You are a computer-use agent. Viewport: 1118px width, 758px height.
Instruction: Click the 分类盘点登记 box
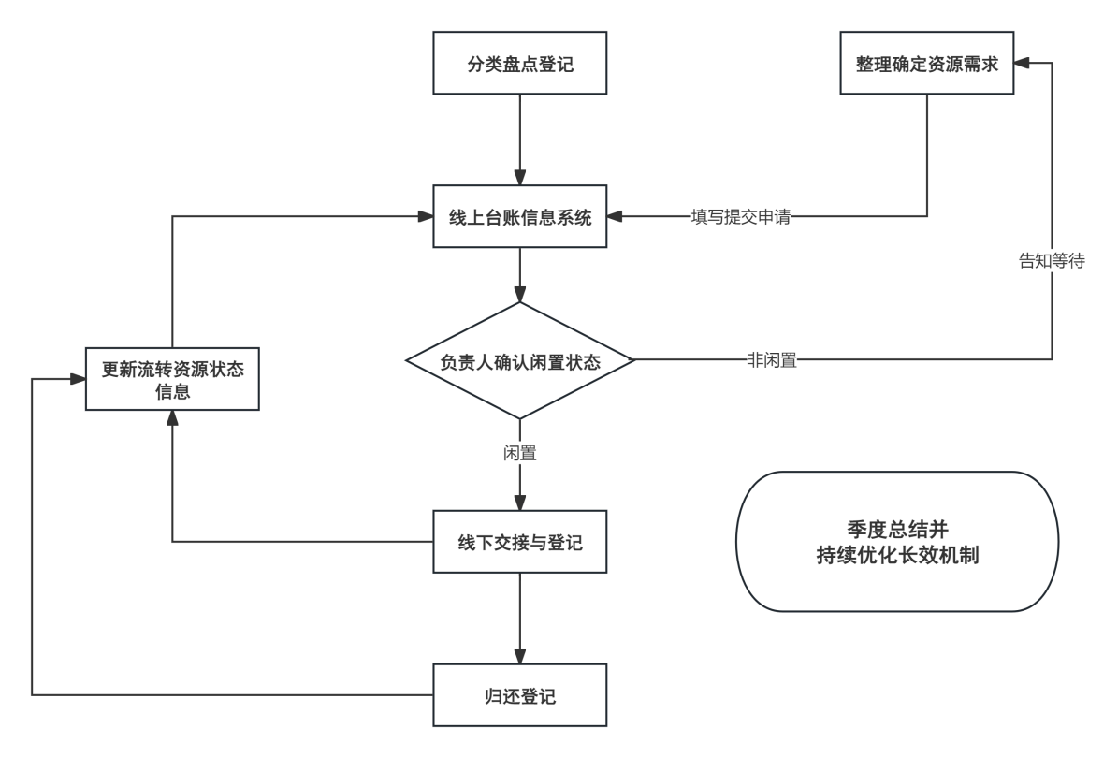[519, 64]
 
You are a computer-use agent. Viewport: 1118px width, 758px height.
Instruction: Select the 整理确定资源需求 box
[926, 64]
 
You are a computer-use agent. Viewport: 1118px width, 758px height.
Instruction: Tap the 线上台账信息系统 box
[519, 217]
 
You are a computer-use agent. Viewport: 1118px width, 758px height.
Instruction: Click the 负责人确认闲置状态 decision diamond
[519, 361]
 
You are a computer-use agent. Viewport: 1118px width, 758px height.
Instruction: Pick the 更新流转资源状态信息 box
[172, 379]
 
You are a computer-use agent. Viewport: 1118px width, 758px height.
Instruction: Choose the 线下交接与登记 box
[519, 542]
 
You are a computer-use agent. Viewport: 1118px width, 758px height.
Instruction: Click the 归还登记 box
[519, 695]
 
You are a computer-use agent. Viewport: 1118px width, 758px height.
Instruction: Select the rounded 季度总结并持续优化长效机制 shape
[897, 542]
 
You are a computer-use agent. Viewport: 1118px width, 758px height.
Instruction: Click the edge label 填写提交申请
[741, 217]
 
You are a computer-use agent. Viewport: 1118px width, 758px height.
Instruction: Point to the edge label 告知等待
[1052, 261]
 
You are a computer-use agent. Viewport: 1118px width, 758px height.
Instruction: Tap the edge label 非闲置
[772, 360]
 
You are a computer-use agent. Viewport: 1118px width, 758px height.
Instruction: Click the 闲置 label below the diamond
[519, 454]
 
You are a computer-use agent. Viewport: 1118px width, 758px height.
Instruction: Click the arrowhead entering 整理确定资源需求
[1023, 64]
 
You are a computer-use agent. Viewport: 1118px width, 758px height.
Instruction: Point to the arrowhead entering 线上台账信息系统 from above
[519, 178]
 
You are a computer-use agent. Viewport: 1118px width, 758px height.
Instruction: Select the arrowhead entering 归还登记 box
[519, 656]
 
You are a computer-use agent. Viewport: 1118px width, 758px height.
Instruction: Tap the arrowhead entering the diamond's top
[519, 294]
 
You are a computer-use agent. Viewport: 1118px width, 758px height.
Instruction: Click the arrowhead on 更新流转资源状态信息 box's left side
[77, 379]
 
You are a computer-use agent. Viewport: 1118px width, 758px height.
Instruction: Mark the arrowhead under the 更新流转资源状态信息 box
[172, 418]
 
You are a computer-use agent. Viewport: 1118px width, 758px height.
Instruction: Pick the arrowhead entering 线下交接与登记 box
[519, 503]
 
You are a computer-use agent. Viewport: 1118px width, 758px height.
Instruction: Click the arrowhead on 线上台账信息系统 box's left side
[426, 217]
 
